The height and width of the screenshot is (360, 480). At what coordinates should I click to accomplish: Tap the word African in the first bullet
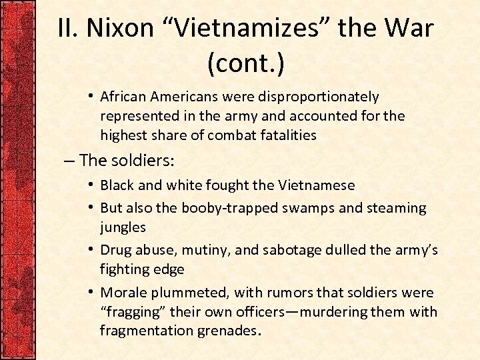pos(125,97)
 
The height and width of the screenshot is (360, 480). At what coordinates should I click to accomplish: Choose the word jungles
pos(123,227)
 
